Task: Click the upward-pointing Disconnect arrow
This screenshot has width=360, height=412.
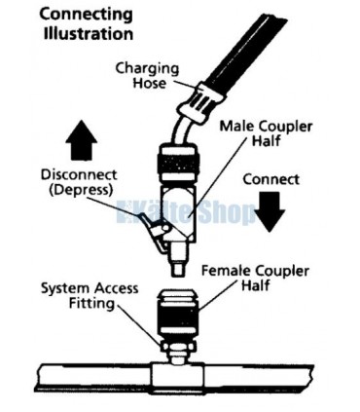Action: point(81,140)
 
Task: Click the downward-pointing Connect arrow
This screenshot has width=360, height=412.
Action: point(270,211)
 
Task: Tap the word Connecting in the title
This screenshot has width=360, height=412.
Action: point(86,16)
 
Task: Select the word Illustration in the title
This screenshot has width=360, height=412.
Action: point(89,34)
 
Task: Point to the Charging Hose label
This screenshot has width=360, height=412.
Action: point(147,76)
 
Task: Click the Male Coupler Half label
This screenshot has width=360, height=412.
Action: point(266,133)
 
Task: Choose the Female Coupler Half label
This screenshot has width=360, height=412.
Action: point(255,279)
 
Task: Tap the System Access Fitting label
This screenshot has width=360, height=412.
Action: point(90,296)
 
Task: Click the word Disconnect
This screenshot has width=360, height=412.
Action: point(79,174)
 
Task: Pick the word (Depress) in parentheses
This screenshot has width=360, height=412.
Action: point(81,190)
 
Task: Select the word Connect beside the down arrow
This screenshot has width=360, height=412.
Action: point(270,179)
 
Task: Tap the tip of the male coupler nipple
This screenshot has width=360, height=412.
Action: point(178,276)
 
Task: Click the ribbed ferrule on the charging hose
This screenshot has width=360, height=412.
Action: point(200,102)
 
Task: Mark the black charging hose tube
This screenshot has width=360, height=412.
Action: point(246,49)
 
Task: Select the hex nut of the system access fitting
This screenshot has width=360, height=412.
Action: point(178,346)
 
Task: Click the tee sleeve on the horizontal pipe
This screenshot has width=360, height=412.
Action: point(178,377)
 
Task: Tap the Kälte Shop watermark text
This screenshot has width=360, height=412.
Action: point(187,212)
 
